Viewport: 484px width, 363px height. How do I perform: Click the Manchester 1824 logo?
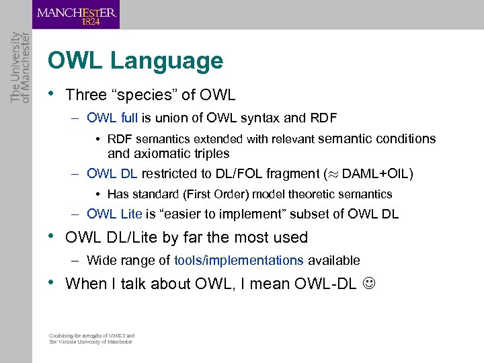[x=77, y=15]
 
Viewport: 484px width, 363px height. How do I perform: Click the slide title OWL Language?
[x=135, y=61]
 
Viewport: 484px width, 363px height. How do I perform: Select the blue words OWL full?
[x=112, y=118]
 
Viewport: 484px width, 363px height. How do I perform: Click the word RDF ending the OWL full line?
[x=323, y=118]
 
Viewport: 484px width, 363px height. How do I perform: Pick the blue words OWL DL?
[x=112, y=173]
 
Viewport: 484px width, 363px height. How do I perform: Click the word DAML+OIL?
[x=375, y=173]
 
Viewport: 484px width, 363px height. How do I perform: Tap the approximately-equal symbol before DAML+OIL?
[x=333, y=174]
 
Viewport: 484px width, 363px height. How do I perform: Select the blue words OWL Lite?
[x=114, y=214]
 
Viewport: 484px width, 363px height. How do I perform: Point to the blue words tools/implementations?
[x=239, y=260]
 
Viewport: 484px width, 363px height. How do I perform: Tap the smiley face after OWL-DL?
[x=368, y=284]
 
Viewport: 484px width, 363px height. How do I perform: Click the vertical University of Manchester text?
[x=16, y=67]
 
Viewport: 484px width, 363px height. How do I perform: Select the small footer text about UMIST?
[x=91, y=338]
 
